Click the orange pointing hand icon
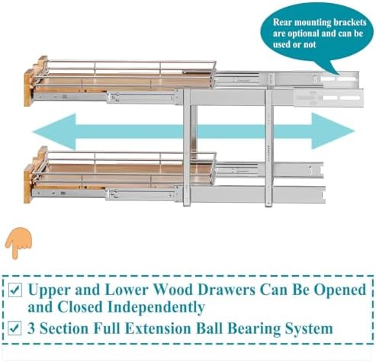[x=18, y=242]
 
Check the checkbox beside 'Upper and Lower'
[x=15, y=290]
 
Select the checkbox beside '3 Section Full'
[x=14, y=328]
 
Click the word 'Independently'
[x=156, y=307]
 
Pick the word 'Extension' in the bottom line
[x=158, y=328]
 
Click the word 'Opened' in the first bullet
[x=340, y=290]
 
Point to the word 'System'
[x=309, y=328]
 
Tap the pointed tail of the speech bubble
[x=339, y=74]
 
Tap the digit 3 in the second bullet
[x=31, y=328]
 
